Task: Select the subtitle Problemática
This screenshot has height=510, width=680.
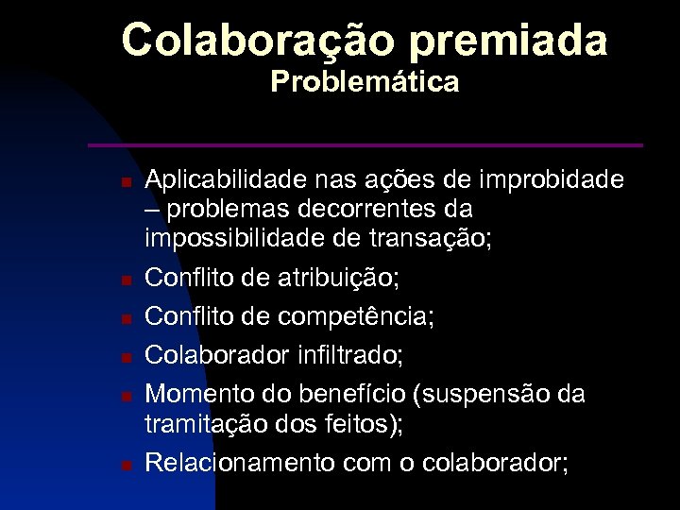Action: click(365, 83)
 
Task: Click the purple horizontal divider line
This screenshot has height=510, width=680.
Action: click(365, 145)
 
